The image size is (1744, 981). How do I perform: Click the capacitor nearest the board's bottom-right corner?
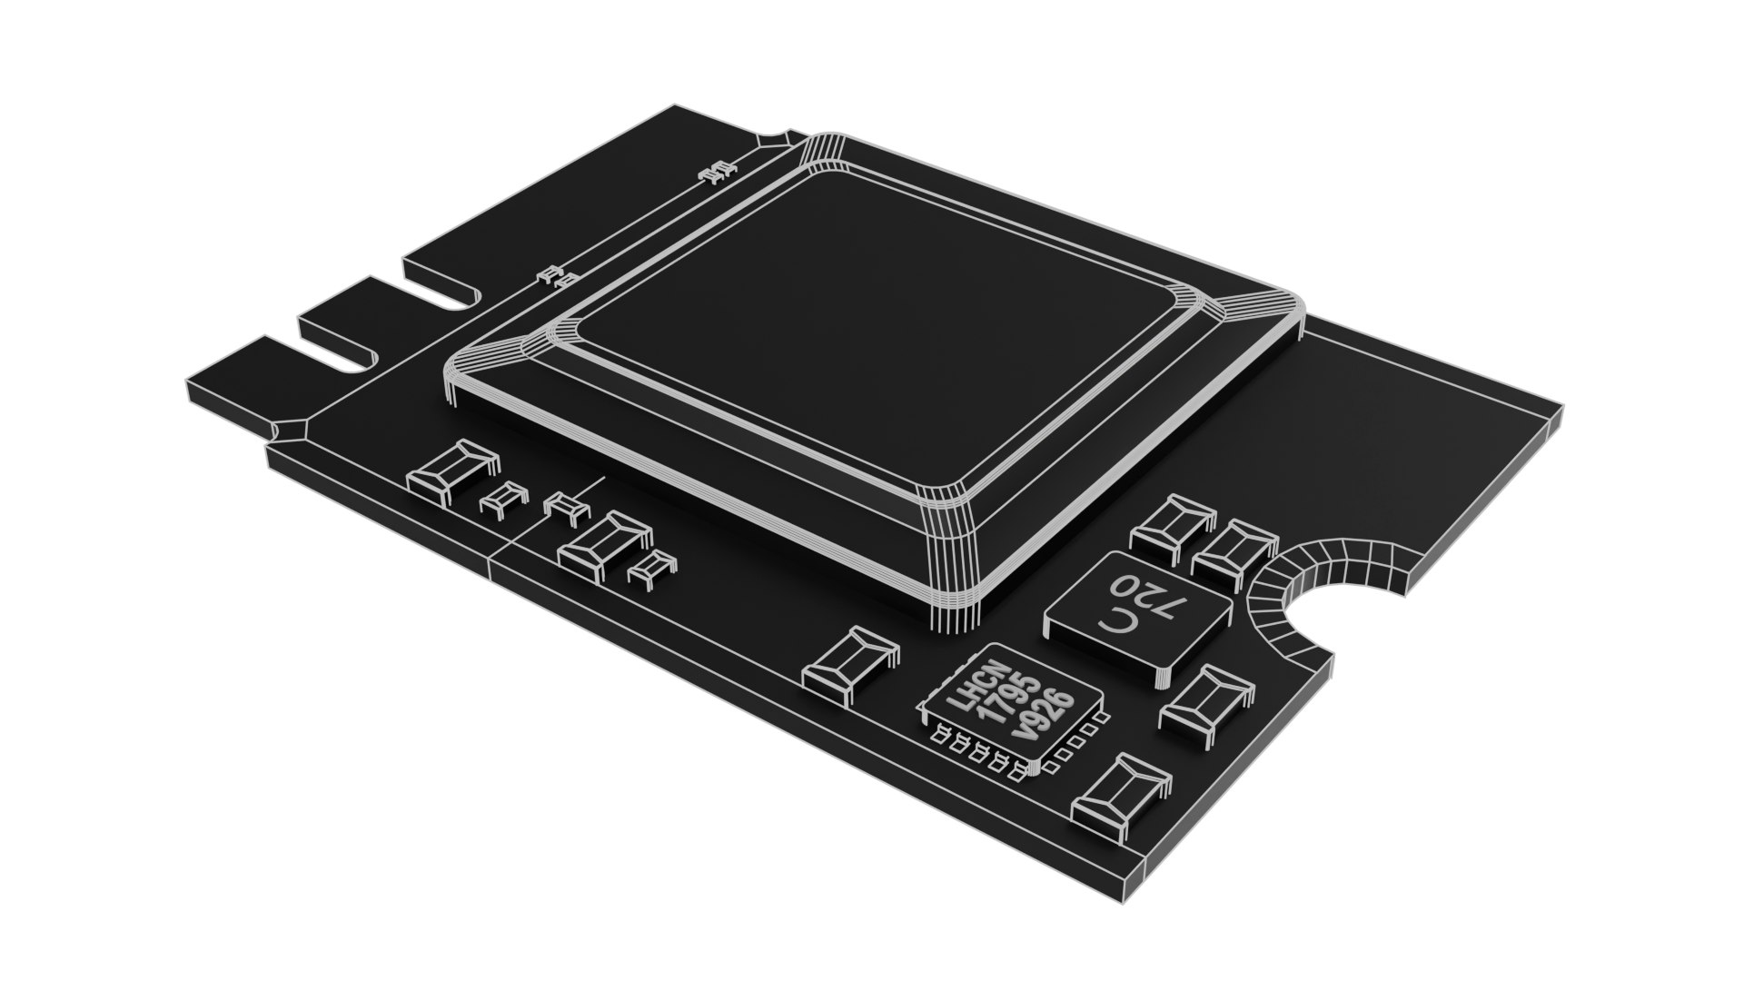(x=1119, y=796)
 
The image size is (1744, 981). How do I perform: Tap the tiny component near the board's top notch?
(x=718, y=172)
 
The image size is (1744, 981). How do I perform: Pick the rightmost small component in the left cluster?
(x=651, y=568)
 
